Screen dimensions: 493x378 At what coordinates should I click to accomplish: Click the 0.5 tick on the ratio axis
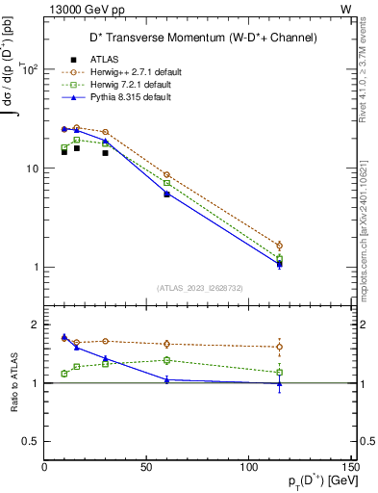pyautogui.click(x=30, y=441)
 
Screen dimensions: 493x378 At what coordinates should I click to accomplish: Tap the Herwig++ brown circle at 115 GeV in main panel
pyautogui.click(x=279, y=246)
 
